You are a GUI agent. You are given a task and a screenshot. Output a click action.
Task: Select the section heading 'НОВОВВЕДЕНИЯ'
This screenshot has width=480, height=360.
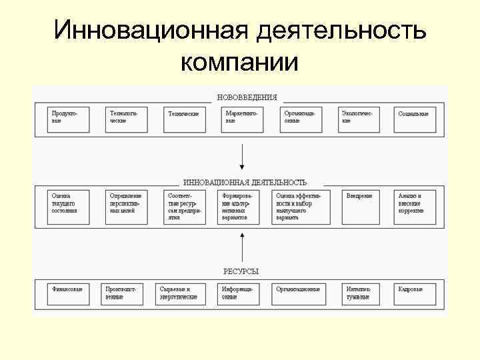[247, 97]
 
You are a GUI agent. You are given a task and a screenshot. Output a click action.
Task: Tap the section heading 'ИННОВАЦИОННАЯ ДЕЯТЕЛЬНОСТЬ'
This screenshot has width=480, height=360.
[245, 181]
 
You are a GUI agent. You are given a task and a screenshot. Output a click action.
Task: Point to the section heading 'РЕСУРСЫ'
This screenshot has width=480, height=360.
[241, 271]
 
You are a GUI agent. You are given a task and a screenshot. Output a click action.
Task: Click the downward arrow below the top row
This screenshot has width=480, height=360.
[242, 157]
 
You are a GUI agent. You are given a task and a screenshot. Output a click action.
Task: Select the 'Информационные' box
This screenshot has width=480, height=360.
[238, 293]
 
